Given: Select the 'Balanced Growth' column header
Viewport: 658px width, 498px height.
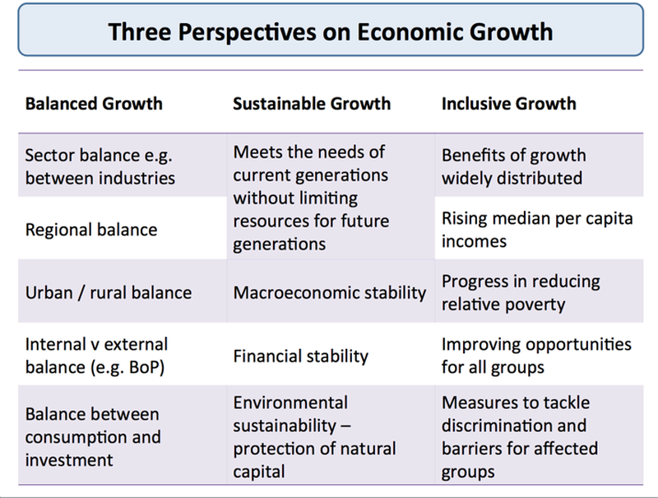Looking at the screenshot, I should click(94, 105).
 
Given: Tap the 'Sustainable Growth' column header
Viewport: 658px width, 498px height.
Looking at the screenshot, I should click(312, 105).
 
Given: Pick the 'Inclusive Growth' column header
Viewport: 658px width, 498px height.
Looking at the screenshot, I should click(509, 105).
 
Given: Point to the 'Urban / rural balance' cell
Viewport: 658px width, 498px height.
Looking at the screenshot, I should click(108, 292).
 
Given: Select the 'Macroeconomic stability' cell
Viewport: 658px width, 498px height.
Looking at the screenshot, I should click(330, 292).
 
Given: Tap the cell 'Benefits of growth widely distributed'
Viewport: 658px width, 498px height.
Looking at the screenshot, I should click(513, 166).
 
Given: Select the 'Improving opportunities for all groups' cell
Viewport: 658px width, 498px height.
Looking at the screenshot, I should click(536, 355).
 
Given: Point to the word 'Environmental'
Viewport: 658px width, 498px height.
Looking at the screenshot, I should click(290, 403).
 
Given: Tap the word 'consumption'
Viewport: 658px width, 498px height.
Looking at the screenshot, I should click(72, 436).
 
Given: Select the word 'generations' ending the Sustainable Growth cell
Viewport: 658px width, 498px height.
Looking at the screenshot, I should click(280, 244).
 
